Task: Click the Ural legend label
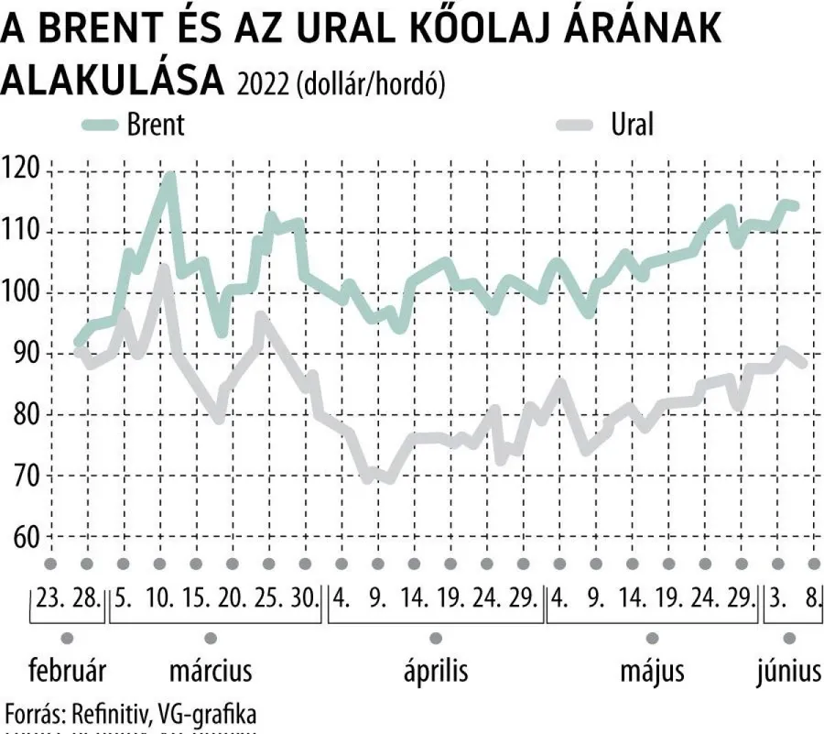tap(632, 125)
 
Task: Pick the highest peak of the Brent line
tap(169, 175)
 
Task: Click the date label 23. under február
tap(52, 600)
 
